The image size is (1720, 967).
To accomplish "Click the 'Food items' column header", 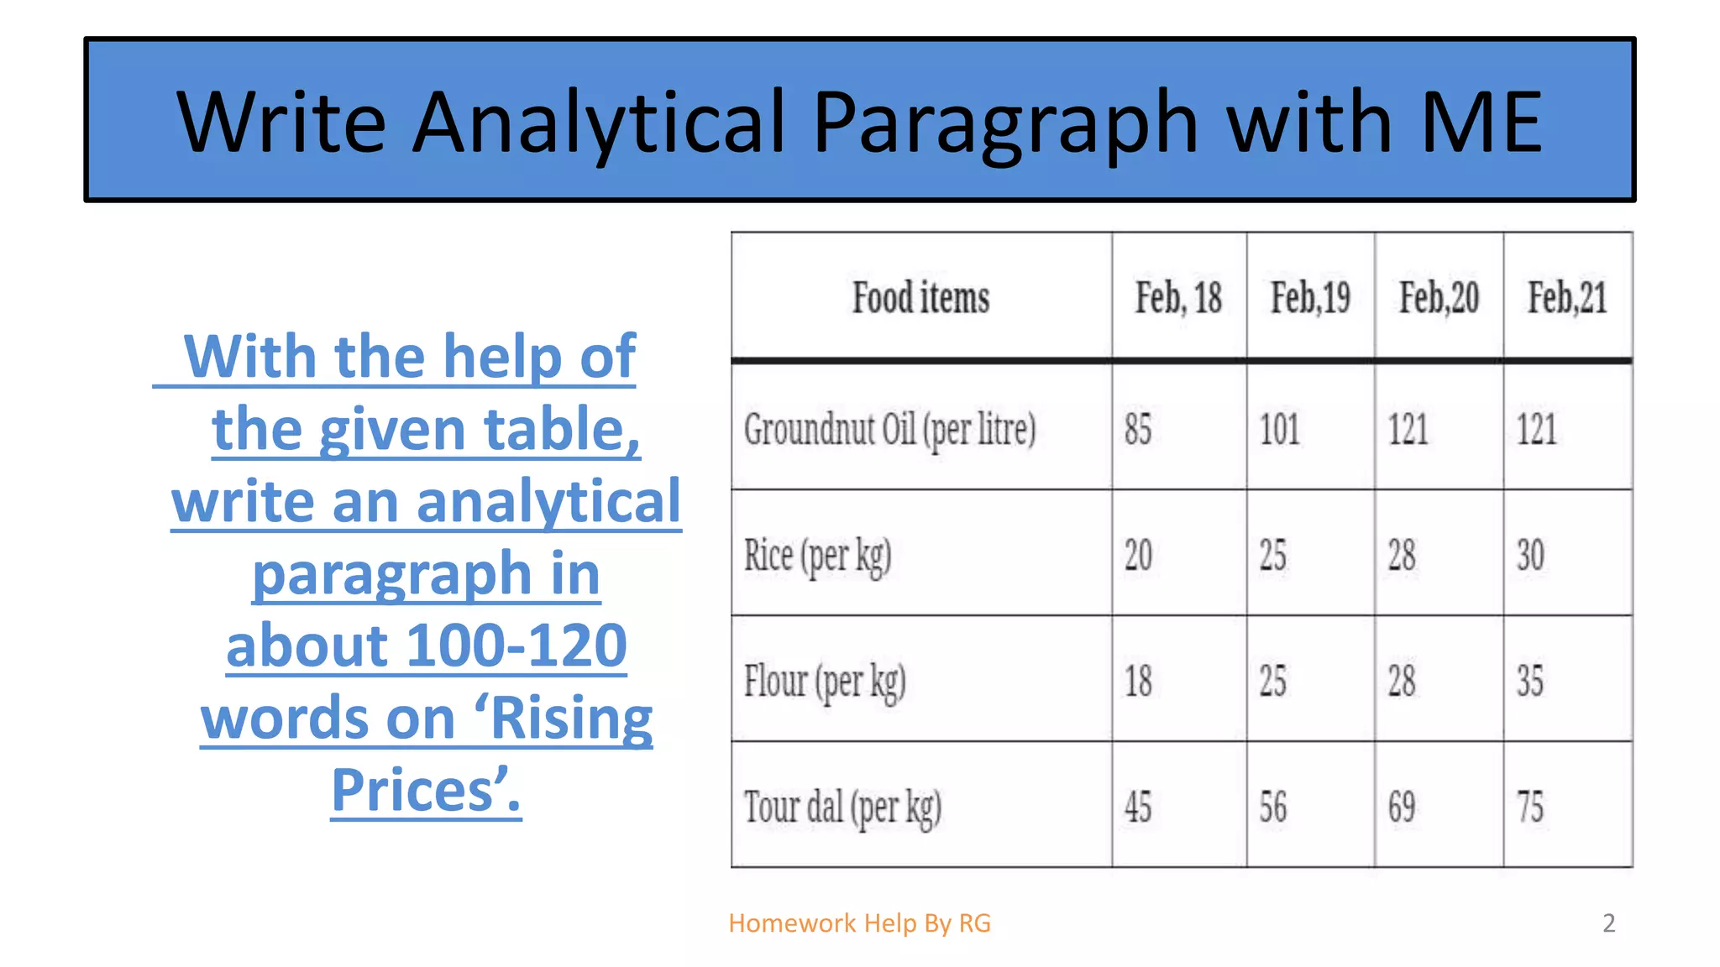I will click(x=921, y=298).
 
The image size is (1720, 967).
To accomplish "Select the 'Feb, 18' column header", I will click(x=1178, y=298).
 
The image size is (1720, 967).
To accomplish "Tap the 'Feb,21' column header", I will click(x=1567, y=298).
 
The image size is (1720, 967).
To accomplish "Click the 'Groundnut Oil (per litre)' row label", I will click(x=890, y=429).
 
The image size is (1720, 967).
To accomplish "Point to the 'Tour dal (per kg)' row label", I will click(x=842, y=808).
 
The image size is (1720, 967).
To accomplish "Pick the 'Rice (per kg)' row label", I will click(x=817, y=556).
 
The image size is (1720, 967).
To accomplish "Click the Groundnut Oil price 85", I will click(x=1138, y=429).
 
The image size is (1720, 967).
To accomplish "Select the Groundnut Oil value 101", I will click(x=1279, y=429).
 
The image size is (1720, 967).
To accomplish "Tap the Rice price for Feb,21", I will click(x=1530, y=556).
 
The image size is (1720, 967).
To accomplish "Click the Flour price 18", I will click(x=1138, y=681).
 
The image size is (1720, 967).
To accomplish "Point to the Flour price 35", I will click(x=1530, y=681).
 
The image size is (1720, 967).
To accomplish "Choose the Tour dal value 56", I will click(x=1272, y=808).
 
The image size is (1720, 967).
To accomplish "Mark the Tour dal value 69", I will click(x=1401, y=808).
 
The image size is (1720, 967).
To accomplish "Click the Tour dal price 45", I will click(x=1138, y=808).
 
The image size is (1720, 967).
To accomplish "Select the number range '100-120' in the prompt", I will click(x=517, y=646).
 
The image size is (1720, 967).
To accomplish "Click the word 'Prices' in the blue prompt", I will click(x=420, y=790).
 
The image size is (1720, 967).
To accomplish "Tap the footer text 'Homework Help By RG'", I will click(x=859, y=923).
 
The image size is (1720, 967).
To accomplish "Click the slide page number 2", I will click(x=1608, y=923).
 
